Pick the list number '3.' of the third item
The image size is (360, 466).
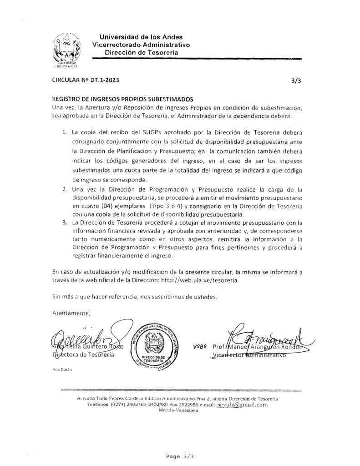point(64,223)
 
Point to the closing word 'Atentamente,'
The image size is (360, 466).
point(71,313)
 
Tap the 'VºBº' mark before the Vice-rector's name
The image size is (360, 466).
point(200,347)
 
